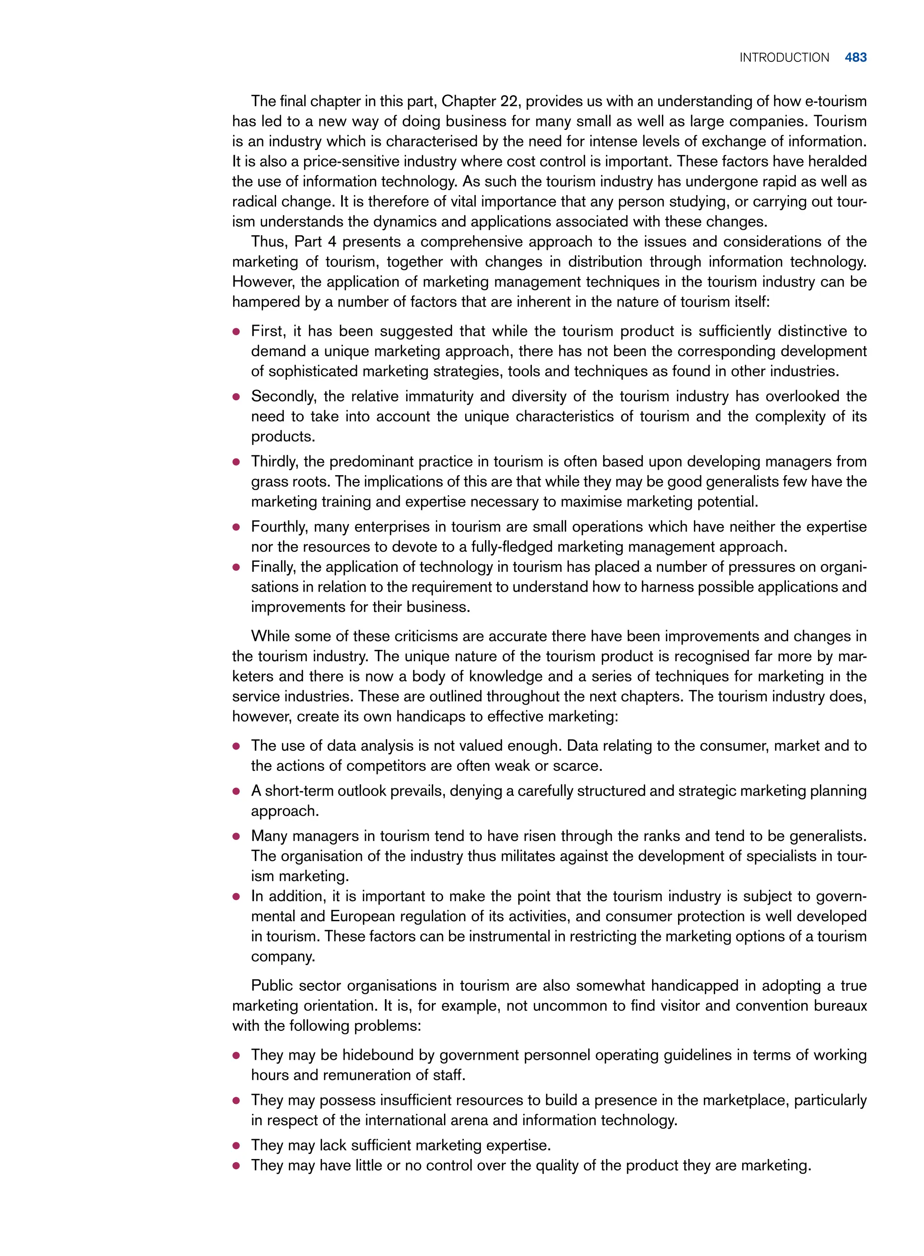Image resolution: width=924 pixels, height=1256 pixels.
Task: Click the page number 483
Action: [855, 58]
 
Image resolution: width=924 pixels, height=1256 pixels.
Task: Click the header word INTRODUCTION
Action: [784, 58]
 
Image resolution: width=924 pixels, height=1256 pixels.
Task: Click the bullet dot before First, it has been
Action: [236, 332]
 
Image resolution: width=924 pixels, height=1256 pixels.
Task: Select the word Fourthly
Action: [278, 527]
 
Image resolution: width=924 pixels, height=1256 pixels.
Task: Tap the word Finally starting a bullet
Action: [272, 567]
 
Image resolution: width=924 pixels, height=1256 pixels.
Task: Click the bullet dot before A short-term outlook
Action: [236, 792]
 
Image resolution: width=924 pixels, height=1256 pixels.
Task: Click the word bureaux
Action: [840, 1006]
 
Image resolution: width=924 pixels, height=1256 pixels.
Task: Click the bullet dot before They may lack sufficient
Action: [236, 1146]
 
